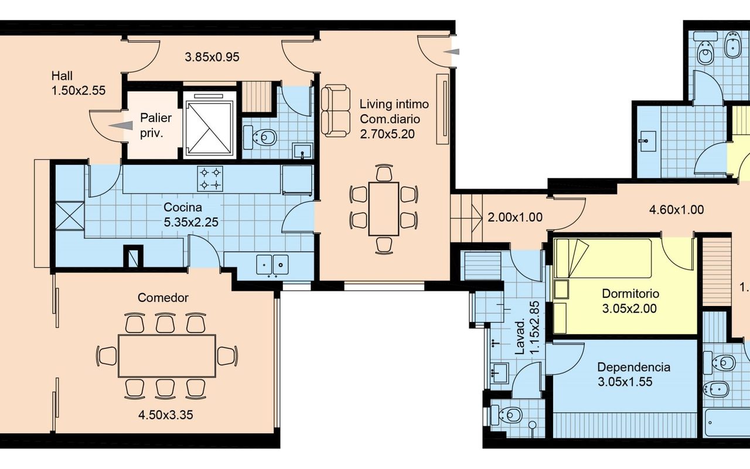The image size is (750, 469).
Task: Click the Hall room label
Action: coord(62,76)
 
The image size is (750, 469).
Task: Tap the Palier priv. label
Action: coord(156,125)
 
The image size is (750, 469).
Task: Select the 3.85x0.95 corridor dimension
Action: coord(212,57)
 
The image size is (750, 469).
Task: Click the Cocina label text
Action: coord(182,207)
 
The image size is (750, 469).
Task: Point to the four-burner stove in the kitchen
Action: coord(210,179)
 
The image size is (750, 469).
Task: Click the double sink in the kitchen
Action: coord(272,264)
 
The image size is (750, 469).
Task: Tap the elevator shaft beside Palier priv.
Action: coord(210,125)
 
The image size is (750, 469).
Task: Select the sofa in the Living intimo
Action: coord(336,111)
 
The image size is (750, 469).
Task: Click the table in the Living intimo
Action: coord(384,209)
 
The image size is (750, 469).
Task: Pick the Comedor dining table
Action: coord(167,356)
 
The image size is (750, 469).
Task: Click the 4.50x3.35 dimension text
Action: coord(165,415)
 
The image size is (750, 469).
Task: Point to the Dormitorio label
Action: coord(630,294)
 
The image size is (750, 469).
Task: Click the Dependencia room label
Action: coord(634,367)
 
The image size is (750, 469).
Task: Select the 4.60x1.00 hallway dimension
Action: coord(676,210)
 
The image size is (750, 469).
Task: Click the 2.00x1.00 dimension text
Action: coord(515,217)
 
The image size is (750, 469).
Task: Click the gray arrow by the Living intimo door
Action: coord(451,52)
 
